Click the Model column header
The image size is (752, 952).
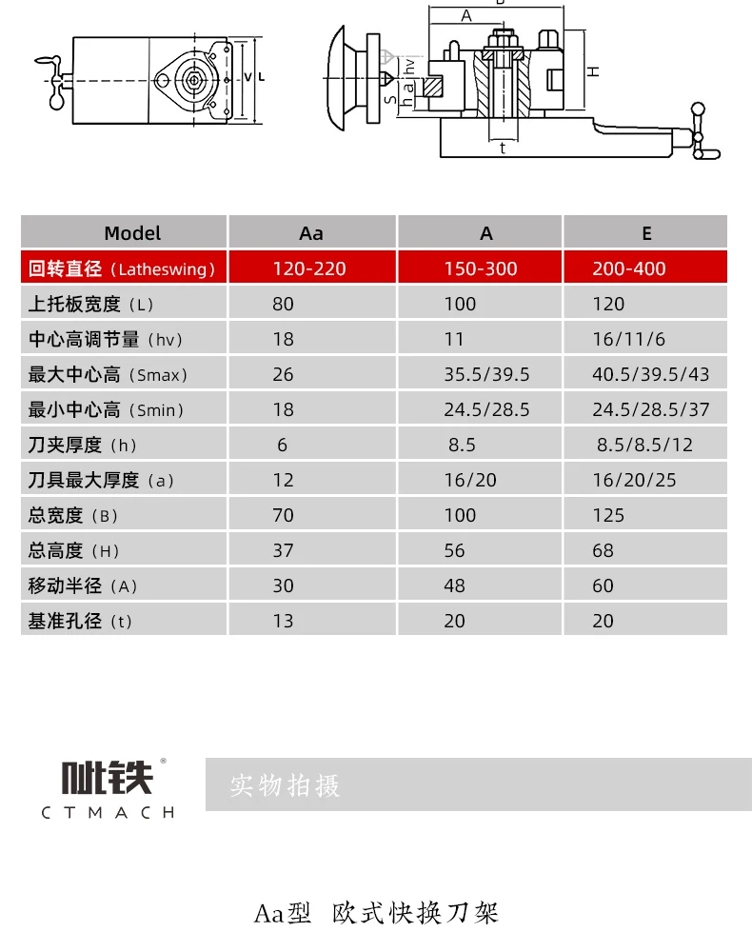pos(132,233)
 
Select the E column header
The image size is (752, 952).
pos(646,233)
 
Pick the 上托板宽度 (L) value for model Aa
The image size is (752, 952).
pos(283,305)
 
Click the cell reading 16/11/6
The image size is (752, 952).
pos(628,340)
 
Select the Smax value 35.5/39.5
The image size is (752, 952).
pos(486,374)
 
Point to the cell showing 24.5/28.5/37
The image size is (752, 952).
pos(650,410)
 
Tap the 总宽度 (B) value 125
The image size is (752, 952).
pos(608,515)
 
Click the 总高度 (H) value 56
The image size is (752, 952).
pos(455,550)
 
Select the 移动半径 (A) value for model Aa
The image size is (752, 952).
pos(283,585)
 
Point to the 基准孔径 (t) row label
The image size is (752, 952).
pos(81,621)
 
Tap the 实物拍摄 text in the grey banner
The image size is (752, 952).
pos(285,786)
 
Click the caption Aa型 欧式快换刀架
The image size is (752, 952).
pos(376,914)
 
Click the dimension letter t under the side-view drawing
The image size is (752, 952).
pos(502,148)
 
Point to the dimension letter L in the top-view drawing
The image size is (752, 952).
pos(261,77)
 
